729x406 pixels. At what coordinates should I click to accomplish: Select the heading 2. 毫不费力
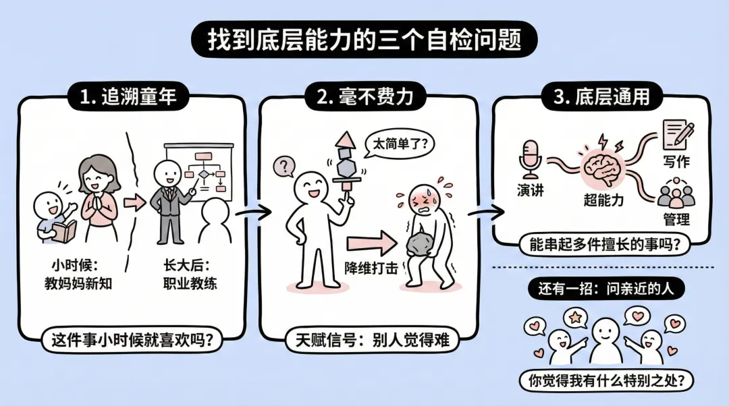pyautogui.click(x=365, y=97)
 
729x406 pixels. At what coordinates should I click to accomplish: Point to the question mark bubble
pyautogui.click(x=284, y=165)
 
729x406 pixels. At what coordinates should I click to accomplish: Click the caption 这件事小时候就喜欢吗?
pyautogui.click(x=132, y=341)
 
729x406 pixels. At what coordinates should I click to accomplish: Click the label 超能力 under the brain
pyautogui.click(x=603, y=200)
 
